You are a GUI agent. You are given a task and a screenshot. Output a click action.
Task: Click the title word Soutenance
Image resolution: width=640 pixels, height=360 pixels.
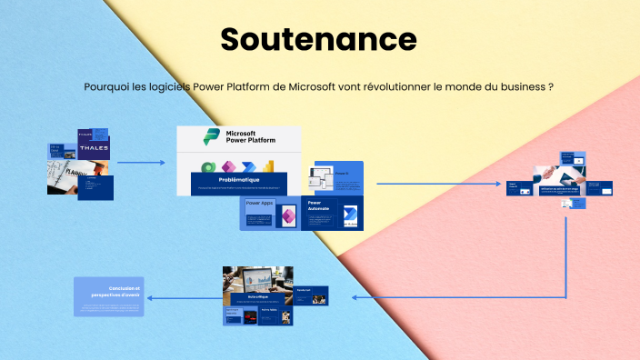point(318,39)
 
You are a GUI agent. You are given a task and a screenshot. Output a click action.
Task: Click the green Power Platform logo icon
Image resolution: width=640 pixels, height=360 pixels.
point(211,136)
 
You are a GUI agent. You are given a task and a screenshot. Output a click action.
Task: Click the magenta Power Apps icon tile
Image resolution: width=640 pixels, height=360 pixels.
point(287,216)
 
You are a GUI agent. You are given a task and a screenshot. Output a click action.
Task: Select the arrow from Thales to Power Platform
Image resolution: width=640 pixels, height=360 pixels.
point(141,163)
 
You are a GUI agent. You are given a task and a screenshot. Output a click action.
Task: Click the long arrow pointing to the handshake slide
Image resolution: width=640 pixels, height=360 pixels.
point(440,184)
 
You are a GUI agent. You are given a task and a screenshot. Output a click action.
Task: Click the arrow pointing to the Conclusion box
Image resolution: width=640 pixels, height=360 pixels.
point(182,297)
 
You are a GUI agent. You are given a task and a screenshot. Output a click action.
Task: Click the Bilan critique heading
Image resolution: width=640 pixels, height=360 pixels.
point(258,296)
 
